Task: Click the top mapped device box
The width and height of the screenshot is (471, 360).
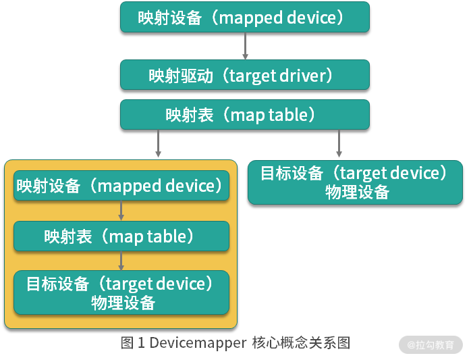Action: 245,17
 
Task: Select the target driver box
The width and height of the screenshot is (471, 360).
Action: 245,74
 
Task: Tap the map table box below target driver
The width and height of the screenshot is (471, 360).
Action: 245,115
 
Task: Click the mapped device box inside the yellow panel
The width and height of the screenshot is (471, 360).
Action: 121,185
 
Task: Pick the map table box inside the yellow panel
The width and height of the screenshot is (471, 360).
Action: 121,236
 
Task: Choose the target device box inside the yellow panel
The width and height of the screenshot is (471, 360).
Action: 121,292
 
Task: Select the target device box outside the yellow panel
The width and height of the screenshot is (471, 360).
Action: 355,182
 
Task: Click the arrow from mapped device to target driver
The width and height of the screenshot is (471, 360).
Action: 245,46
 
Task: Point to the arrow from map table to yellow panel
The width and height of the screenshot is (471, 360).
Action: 159,143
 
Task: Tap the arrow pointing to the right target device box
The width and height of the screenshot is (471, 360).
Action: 339,143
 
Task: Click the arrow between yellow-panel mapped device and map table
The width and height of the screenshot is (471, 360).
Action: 121,211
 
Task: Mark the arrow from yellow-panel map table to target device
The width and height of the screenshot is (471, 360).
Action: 121,261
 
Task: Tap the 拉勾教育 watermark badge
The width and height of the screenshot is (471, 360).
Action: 431,344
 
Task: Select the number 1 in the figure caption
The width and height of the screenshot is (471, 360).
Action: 141,343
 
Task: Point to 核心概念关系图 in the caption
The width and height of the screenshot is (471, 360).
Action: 301,343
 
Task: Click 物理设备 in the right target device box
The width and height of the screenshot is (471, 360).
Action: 357,192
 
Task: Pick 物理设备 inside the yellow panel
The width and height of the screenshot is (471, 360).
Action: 123,303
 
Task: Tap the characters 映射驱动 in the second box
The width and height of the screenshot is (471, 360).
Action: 181,75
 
